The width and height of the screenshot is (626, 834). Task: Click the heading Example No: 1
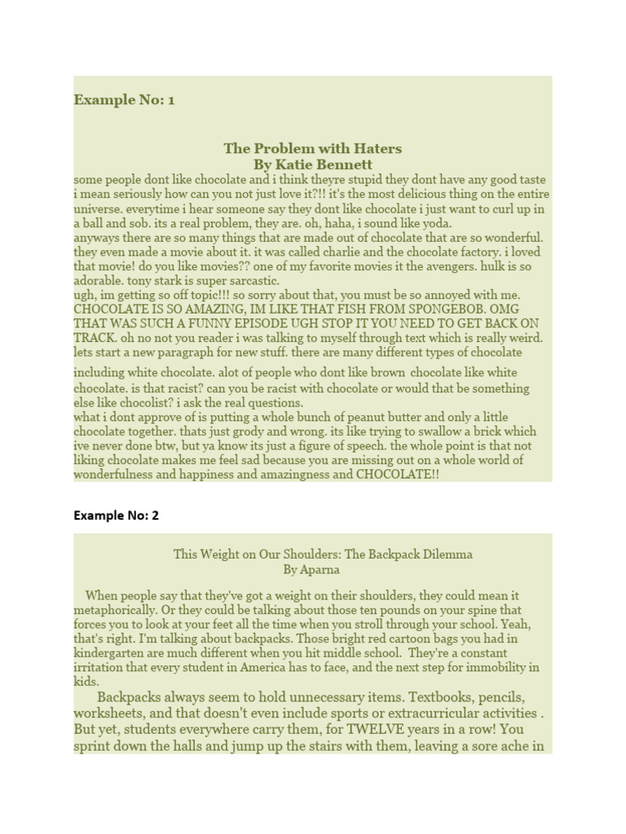tap(124, 100)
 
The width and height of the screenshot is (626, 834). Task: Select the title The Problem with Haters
tap(313, 148)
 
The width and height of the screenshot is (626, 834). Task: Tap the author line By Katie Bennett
tap(313, 165)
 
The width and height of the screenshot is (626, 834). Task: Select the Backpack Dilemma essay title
tap(323, 554)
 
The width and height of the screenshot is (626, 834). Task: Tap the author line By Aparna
tap(311, 570)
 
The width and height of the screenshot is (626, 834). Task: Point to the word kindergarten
tap(108, 653)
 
